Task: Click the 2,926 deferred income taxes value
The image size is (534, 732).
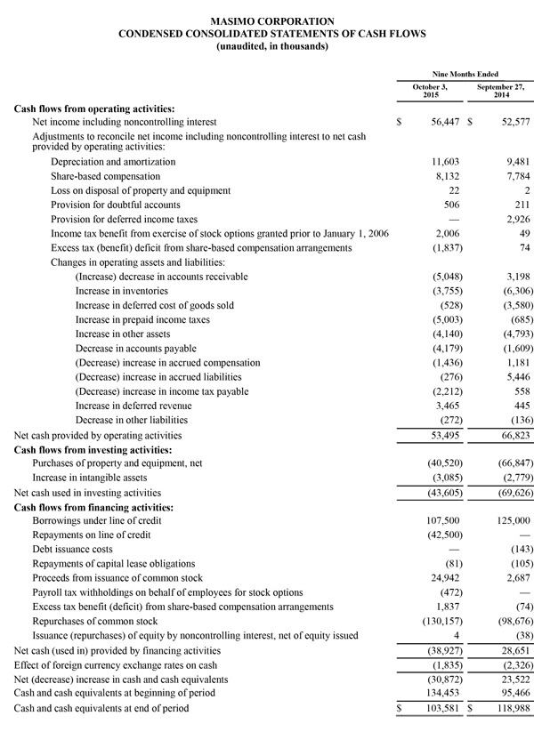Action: pos(514,219)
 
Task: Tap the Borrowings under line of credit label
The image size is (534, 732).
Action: pos(104,520)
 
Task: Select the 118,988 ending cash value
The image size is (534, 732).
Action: pos(509,708)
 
